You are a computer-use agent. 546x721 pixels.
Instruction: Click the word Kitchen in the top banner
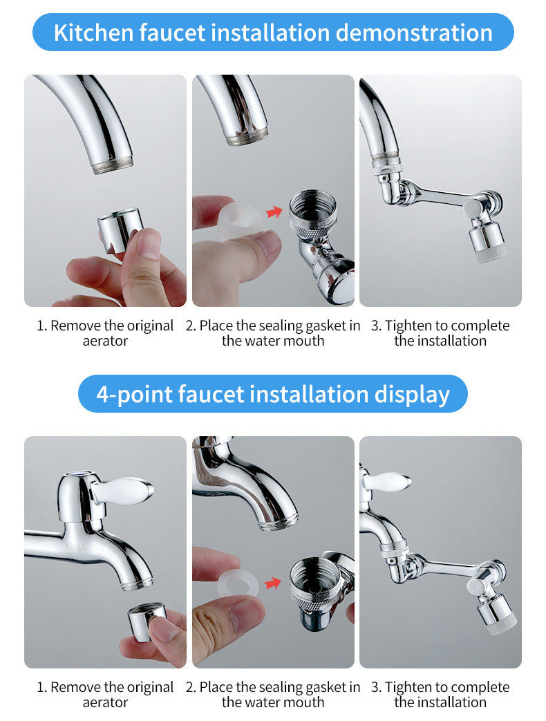tap(93, 32)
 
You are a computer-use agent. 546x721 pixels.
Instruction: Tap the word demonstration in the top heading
tap(413, 32)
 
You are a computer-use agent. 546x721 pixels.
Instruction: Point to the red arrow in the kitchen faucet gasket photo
tap(274, 212)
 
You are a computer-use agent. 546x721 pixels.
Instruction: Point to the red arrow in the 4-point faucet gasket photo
tap(274, 583)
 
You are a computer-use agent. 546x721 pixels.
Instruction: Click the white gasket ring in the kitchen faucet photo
tap(241, 221)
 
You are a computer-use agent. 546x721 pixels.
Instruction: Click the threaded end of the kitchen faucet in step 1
tap(113, 165)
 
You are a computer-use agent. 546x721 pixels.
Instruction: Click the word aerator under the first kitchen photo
tap(105, 341)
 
